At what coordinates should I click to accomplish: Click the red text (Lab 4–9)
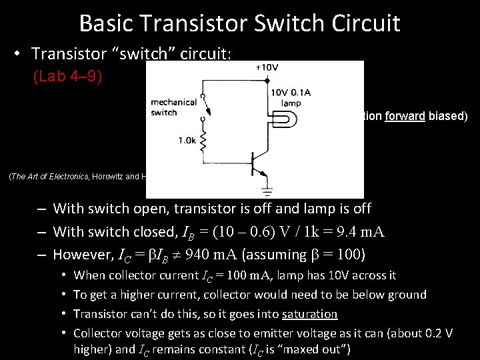pyautogui.click(x=67, y=77)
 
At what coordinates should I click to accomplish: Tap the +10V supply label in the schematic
pyautogui.click(x=267, y=67)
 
